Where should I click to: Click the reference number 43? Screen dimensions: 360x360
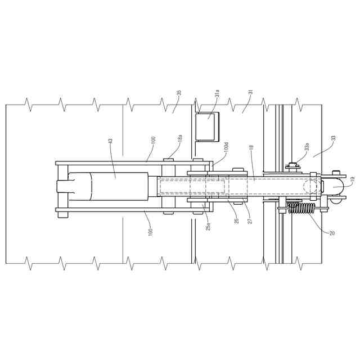pos(110,142)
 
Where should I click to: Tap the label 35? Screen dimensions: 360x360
pos(179,92)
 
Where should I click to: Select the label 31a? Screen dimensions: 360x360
pos(217,94)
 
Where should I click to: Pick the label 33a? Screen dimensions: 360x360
pos(307,147)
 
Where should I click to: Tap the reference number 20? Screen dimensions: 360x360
pos(332,233)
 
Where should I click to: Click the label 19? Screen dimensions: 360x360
pos(353,179)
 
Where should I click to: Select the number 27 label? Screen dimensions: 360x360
pos(250,220)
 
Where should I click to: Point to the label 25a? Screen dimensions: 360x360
pos(208,226)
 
